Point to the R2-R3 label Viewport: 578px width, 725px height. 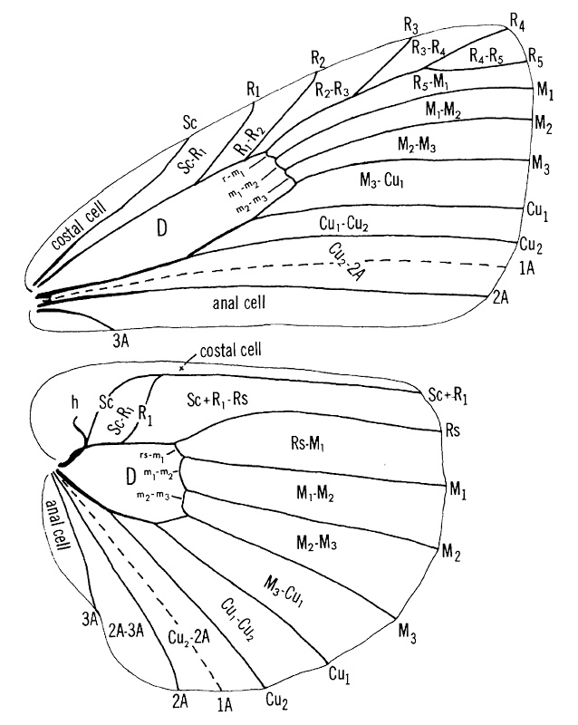[x=332, y=88]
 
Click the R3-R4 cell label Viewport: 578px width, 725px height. [x=428, y=49]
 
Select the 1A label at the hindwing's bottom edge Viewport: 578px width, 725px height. [x=223, y=700]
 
